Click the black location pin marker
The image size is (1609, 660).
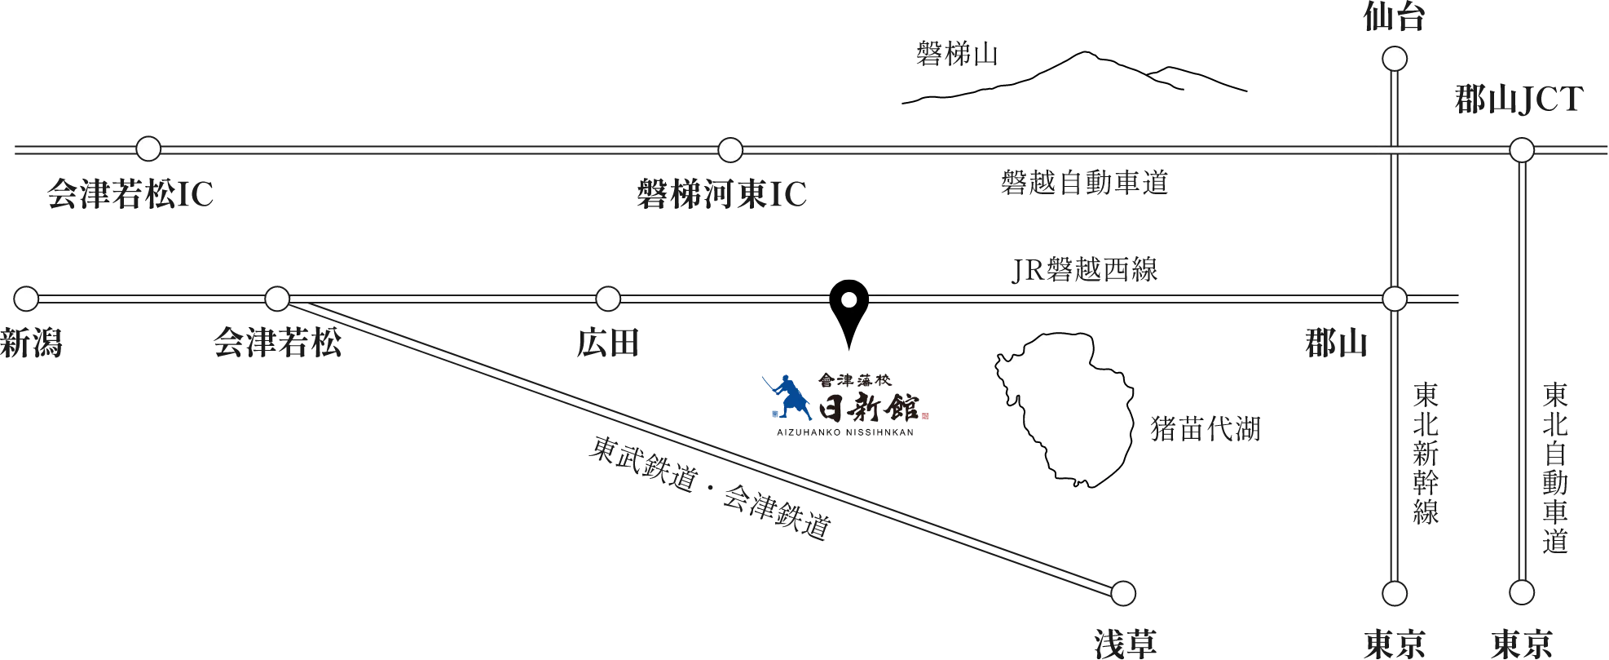click(849, 314)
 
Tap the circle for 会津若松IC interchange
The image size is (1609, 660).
click(148, 148)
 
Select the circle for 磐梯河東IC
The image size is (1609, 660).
click(730, 150)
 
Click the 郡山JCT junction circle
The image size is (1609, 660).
click(1522, 150)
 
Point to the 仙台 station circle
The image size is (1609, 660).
click(1395, 59)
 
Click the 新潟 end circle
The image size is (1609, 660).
click(26, 299)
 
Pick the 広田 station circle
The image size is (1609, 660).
click(608, 299)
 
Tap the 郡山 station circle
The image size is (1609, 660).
click(1395, 299)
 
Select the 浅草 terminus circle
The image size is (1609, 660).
click(1123, 593)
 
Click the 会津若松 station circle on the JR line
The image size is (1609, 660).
click(277, 299)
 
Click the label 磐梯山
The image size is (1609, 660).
click(957, 54)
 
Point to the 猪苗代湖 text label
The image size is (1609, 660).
click(1206, 428)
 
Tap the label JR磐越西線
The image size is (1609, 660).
click(1085, 269)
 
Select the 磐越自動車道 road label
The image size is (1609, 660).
click(1085, 182)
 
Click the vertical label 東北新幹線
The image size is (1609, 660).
click(1426, 454)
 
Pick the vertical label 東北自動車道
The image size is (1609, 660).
click(1555, 468)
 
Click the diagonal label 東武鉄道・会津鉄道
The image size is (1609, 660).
click(711, 488)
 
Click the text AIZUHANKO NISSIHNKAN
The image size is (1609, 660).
click(845, 432)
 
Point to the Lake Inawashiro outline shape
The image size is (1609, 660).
click(1065, 410)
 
